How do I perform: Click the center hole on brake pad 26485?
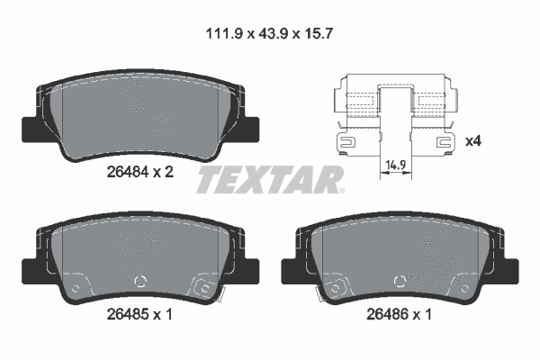click(139, 279)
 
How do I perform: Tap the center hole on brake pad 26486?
click(400, 279)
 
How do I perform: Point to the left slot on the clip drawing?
click(346, 142)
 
